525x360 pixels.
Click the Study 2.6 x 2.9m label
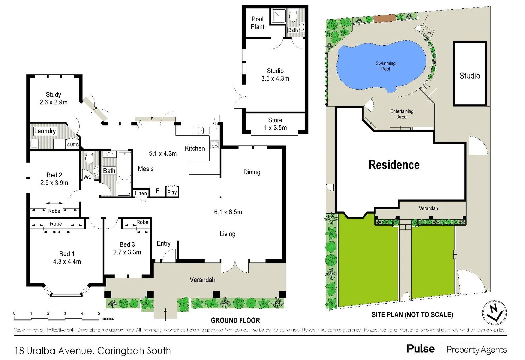click(53, 98)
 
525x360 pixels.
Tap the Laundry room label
click(45, 131)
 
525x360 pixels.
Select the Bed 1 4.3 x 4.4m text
click(67, 258)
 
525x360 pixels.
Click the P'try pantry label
click(172, 192)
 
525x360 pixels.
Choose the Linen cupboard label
click(141, 193)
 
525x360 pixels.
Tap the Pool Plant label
click(257, 23)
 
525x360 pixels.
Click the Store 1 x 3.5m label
click(275, 124)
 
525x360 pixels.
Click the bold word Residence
click(394, 165)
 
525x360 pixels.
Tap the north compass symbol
click(495, 313)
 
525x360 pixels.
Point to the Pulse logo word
click(420, 349)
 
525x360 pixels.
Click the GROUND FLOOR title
click(235, 320)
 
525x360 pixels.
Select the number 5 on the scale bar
click(99, 313)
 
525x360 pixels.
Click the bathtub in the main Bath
click(125, 166)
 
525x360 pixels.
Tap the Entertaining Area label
click(402, 114)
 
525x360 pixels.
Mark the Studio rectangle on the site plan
click(470, 74)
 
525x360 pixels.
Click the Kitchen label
click(195, 148)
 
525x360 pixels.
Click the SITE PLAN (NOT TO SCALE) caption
click(412, 315)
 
